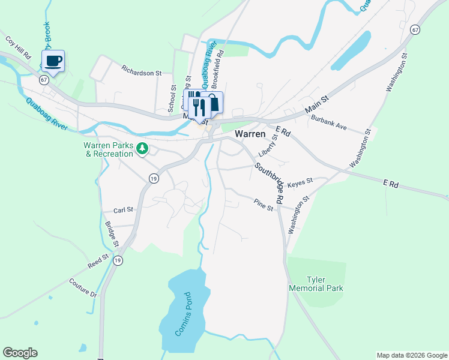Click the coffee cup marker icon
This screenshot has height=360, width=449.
53,61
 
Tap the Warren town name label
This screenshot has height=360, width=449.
250,134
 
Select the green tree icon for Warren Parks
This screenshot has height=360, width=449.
142,148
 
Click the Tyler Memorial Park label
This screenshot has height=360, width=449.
324,284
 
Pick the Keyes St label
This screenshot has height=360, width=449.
300,181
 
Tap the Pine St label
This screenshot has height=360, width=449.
263,205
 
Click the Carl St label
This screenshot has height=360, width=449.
123,211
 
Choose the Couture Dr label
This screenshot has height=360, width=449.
83,288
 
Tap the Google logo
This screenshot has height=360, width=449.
20,353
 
